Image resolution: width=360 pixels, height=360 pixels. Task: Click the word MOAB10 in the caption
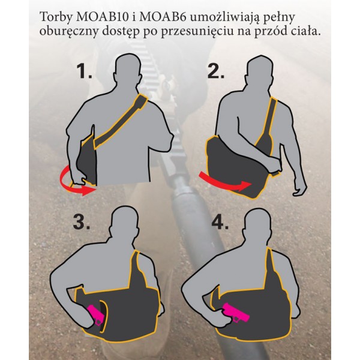(x=102, y=17)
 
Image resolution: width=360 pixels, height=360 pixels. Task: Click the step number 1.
(x=84, y=71)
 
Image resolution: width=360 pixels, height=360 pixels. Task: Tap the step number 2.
(x=216, y=71)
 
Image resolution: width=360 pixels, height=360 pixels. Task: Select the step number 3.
(x=81, y=222)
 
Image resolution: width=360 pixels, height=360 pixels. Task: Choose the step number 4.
(x=220, y=222)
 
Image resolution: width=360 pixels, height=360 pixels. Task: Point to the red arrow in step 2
(x=224, y=183)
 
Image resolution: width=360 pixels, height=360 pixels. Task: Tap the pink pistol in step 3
(x=97, y=314)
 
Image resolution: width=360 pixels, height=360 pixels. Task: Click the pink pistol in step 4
(x=235, y=313)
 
